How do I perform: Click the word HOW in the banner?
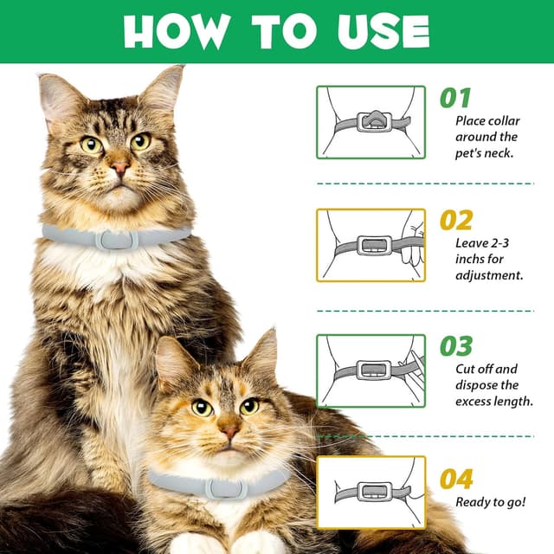(175, 31)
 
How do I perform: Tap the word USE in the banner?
(383, 31)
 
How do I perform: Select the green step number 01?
(455, 98)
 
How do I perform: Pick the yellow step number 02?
(456, 220)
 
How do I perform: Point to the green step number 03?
(456, 346)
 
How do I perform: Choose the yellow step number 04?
(456, 479)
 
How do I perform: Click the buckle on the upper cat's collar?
(117, 239)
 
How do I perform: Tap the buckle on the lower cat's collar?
(226, 488)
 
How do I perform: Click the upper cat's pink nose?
(119, 167)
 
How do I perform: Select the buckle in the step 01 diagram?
(374, 122)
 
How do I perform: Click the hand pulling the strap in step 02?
(413, 244)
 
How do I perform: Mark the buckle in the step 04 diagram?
(374, 492)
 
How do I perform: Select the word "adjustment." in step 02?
(489, 275)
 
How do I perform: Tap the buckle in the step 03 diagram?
(374, 370)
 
